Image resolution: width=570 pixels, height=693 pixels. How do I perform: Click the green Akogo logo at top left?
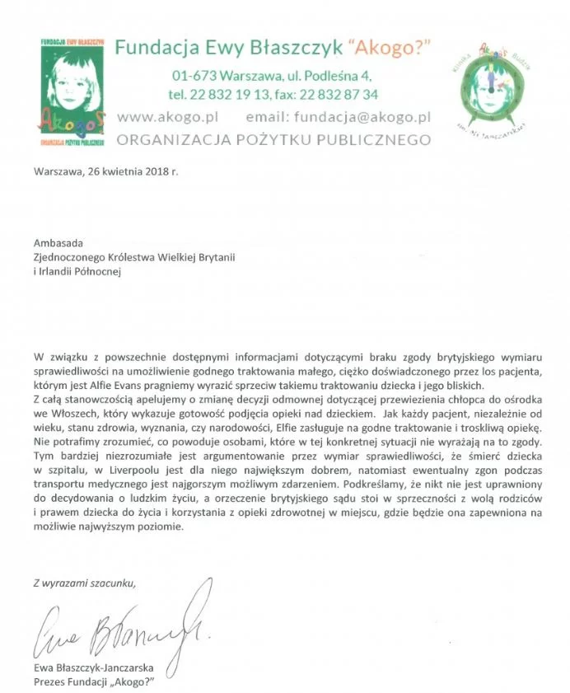click(73, 91)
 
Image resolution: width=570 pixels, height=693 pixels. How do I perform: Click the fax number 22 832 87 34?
click(333, 94)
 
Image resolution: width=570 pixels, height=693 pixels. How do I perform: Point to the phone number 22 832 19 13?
click(235, 94)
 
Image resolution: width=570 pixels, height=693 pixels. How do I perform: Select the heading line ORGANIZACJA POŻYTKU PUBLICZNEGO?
click(273, 140)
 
